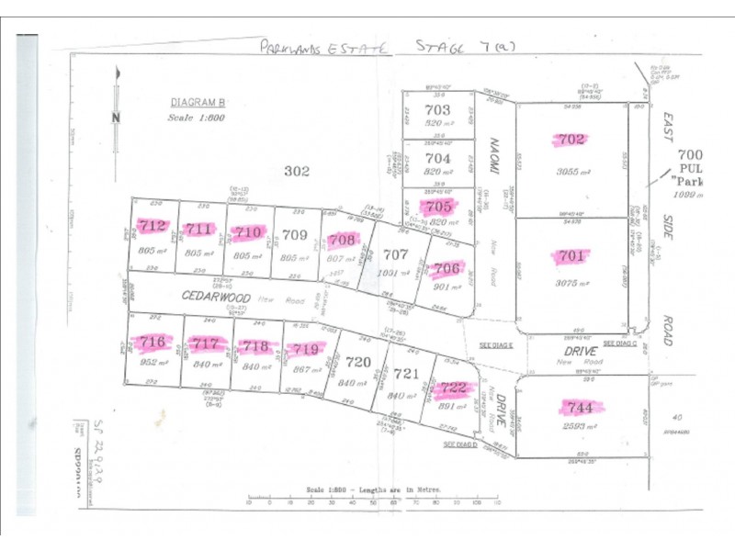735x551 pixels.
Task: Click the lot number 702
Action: pos(571,140)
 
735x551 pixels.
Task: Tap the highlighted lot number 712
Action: pos(153,226)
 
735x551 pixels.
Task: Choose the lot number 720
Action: pos(358,363)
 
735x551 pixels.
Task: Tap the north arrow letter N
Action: pos(115,117)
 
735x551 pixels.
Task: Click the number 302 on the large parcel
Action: pos(297,171)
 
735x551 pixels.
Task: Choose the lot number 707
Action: pos(396,253)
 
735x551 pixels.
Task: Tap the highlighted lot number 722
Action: pos(454,388)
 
